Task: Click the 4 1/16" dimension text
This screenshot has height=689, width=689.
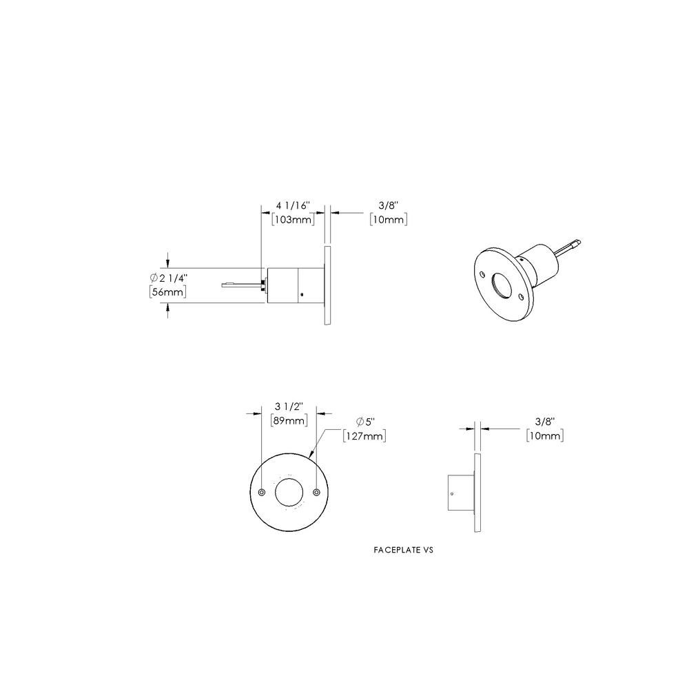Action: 293,206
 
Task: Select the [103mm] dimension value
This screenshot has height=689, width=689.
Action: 293,220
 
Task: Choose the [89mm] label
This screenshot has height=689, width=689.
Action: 288,422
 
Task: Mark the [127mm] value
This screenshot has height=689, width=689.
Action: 364,435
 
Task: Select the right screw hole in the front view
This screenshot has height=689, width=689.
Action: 316,493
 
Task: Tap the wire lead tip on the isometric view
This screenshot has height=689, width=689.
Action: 578,241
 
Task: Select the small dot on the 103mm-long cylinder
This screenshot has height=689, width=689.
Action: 301,295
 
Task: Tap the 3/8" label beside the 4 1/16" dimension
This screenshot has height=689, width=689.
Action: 388,206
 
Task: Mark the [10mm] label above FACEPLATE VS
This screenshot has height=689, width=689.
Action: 544,435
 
